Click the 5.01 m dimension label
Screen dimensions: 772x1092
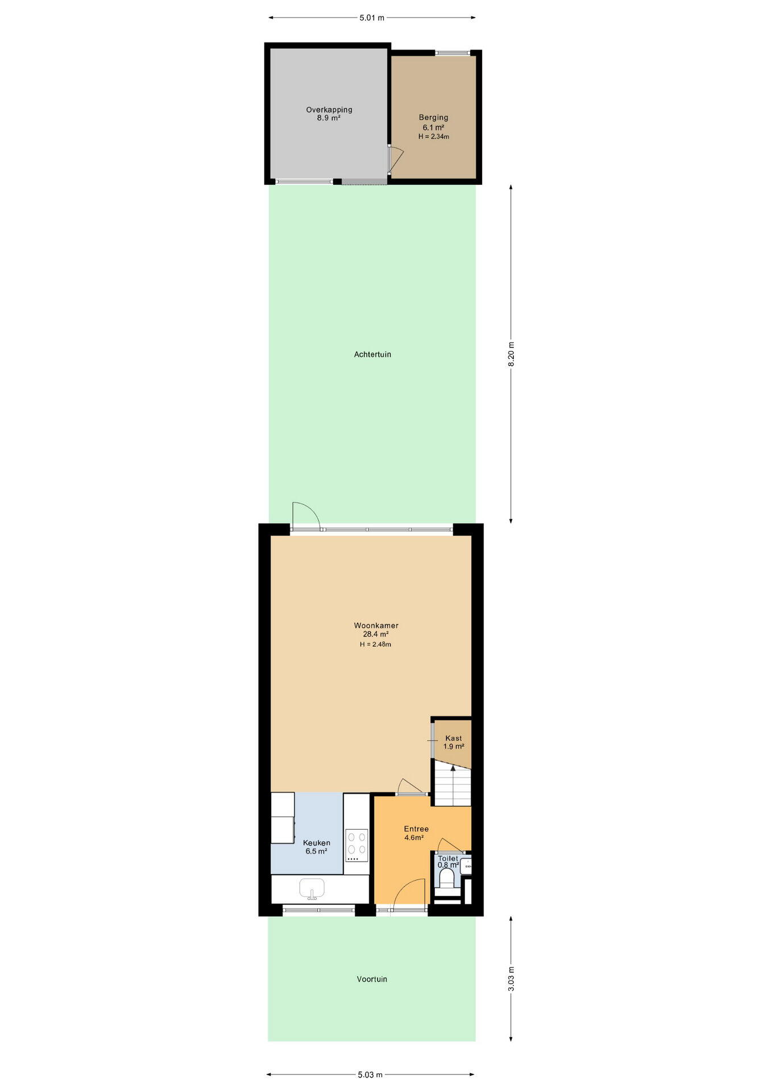[372, 18]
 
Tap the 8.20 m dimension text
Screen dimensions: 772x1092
[511, 354]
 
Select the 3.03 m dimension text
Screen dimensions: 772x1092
[511, 978]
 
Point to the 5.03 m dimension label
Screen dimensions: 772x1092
[370, 1074]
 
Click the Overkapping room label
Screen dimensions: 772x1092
[329, 110]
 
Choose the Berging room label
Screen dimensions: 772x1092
[434, 118]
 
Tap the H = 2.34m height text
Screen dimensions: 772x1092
[434, 136]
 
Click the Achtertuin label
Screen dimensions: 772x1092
[372, 354]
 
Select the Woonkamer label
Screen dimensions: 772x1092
[376, 626]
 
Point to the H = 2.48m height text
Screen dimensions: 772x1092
[375, 644]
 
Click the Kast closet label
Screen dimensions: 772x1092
[454, 738]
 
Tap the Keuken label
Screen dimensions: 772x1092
[317, 843]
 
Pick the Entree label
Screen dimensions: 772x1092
[416, 829]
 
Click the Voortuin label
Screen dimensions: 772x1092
[372, 979]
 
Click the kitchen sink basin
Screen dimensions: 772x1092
[312, 888]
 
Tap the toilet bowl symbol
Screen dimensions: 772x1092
[447, 879]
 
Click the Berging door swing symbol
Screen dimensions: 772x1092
[396, 160]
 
